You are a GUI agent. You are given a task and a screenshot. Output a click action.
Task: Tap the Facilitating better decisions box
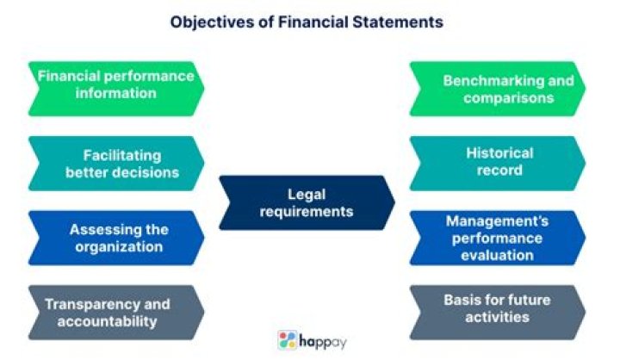(x=115, y=163)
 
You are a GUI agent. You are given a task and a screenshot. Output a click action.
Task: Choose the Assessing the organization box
(x=115, y=238)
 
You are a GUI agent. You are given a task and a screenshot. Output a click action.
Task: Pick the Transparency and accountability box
(x=115, y=313)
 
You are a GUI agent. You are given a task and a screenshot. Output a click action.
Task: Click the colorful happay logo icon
(x=288, y=339)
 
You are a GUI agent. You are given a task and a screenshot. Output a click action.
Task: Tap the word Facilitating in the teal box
(x=122, y=155)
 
